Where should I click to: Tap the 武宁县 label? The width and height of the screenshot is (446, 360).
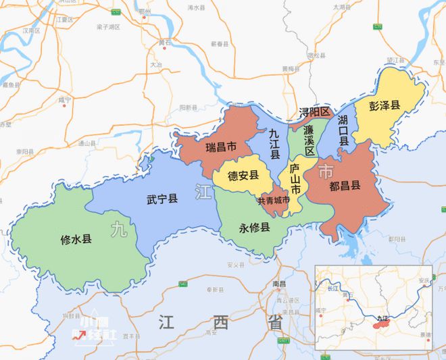pos(162,199)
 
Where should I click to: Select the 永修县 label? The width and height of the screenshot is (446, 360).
pos(254,227)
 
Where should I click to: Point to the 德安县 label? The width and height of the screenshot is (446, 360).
pos(243,176)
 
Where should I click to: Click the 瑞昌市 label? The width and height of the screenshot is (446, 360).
pos(221,147)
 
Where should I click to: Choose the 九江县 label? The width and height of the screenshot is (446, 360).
pos(275,144)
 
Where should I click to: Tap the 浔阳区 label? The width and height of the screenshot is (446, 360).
pos(314,111)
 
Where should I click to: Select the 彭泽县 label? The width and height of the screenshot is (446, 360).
pos(385,105)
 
